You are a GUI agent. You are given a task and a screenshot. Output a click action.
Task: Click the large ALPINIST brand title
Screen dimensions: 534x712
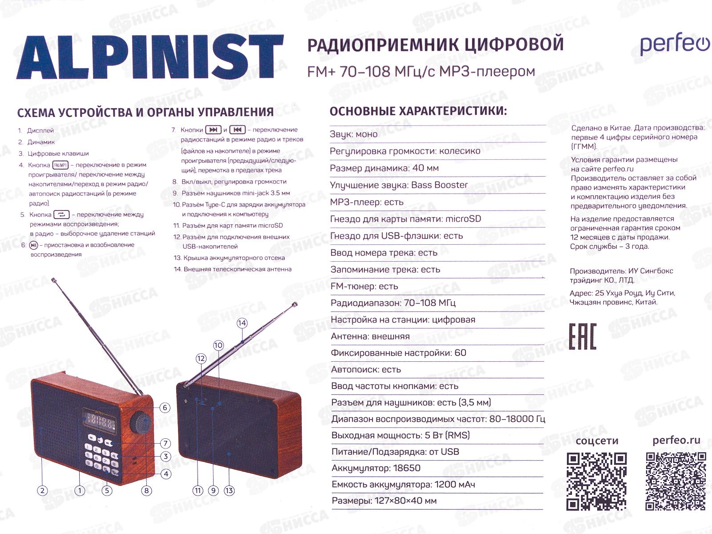[x=150, y=58]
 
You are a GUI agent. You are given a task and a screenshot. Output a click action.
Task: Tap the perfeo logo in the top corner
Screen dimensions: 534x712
[x=674, y=45]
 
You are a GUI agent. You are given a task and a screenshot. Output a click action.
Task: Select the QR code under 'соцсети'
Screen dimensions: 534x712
[x=596, y=481]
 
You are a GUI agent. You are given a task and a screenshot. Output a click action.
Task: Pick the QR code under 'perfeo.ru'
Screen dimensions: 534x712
[x=676, y=481]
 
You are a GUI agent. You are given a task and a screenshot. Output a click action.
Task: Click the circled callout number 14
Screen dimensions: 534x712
[x=242, y=323]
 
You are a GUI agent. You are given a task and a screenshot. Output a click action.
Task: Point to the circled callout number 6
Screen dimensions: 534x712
[x=165, y=408]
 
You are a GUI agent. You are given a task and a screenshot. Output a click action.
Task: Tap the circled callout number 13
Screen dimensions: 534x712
[x=229, y=491]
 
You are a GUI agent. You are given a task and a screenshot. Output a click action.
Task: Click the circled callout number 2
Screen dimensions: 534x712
[x=42, y=491]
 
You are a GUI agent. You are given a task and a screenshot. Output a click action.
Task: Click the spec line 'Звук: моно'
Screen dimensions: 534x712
[x=354, y=134]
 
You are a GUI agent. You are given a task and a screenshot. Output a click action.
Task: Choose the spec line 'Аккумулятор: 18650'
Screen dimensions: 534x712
[x=376, y=468]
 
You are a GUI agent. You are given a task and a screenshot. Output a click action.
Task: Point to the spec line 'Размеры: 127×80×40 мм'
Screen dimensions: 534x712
[x=384, y=501]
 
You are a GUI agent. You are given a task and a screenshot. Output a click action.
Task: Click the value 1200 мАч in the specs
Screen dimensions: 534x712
[x=454, y=485]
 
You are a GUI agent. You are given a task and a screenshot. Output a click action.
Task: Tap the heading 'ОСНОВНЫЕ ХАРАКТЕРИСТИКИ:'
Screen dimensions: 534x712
[x=418, y=111]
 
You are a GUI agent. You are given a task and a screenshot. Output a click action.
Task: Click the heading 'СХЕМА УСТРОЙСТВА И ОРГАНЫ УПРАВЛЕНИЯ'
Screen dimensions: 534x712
[x=145, y=112]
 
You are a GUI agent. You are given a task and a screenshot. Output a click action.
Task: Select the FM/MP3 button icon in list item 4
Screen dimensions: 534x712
[x=61, y=165]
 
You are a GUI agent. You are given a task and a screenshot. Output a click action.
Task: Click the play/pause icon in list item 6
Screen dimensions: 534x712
[x=33, y=245]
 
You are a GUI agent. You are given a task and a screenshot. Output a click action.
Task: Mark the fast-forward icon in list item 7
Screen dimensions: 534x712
[x=213, y=130]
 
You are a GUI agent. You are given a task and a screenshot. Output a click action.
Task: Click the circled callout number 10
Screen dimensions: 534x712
[x=218, y=345]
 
